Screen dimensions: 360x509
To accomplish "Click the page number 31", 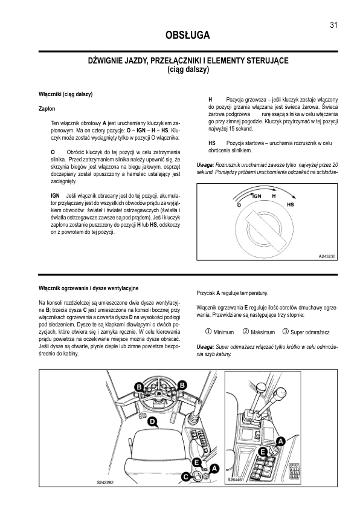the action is click(x=334, y=25).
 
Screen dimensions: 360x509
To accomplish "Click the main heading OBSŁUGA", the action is click(x=187, y=35).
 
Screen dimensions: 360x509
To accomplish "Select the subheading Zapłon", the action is click(x=47, y=109).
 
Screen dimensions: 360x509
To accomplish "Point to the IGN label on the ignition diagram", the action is click(x=257, y=196).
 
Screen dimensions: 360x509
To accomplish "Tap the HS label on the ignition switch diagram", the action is click(x=291, y=204).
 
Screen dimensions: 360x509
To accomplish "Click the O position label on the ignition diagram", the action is click(x=239, y=206).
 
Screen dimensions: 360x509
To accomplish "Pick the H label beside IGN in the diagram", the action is click(x=274, y=196).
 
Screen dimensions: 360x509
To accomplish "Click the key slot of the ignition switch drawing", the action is click(x=266, y=229).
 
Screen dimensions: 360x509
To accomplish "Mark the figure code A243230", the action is click(x=327, y=256).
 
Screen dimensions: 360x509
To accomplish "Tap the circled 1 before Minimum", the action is click(x=208, y=332).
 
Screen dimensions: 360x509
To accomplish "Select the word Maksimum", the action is click(x=263, y=332).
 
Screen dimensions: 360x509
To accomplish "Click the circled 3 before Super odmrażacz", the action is click(x=286, y=332).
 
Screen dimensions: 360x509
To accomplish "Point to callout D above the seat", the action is click(x=152, y=422).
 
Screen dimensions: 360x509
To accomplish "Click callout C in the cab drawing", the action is click(x=185, y=477).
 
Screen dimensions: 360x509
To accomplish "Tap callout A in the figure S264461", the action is click(x=281, y=441).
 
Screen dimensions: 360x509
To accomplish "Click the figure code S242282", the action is click(x=106, y=483).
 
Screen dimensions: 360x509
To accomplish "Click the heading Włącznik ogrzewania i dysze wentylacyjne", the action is click(x=89, y=288).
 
